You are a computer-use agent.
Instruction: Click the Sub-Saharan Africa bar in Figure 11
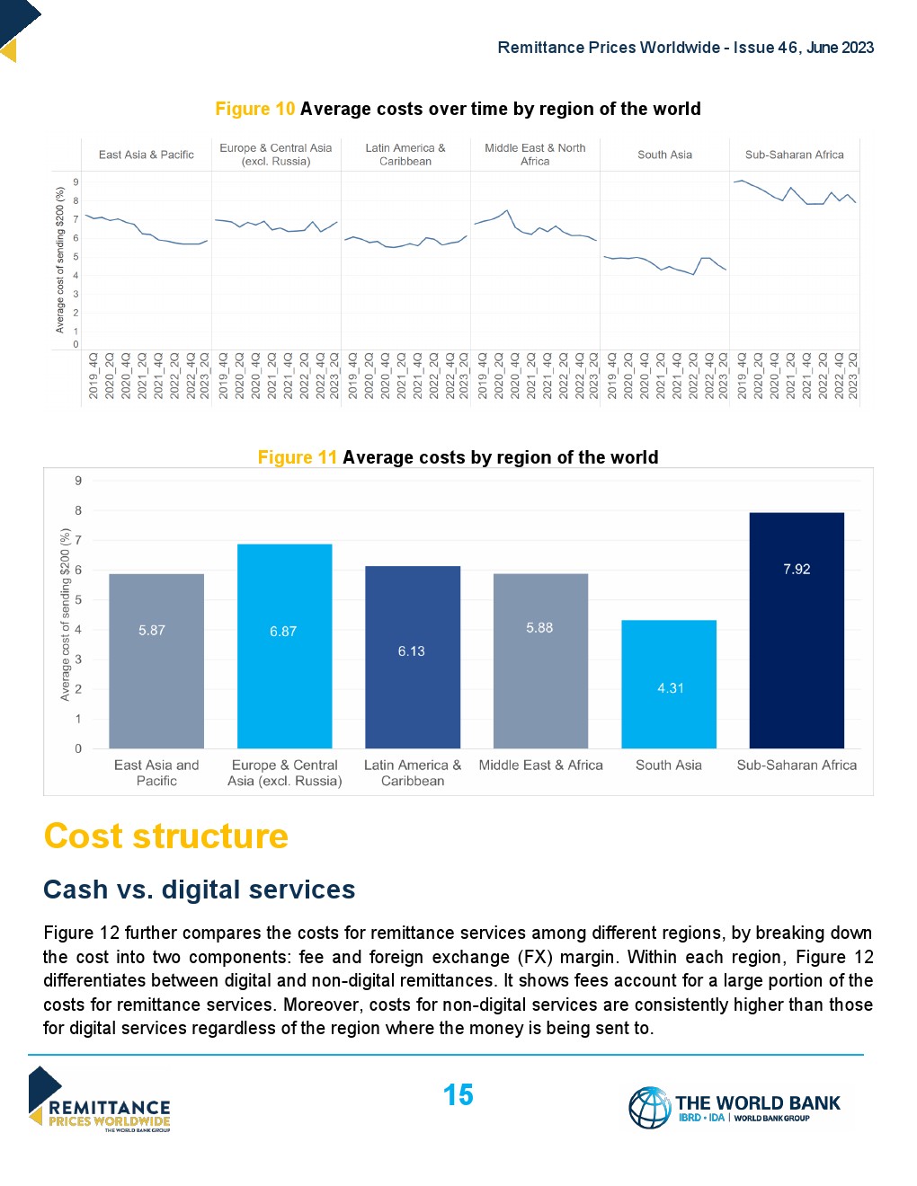pos(797,630)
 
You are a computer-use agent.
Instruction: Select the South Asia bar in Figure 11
pos(669,684)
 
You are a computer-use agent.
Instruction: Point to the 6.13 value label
pos(412,651)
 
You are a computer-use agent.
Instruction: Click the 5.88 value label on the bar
pos(539,628)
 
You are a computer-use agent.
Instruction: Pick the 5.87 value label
pos(152,631)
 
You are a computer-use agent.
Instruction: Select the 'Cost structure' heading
pos(166,836)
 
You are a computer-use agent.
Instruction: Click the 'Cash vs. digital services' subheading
pos(200,889)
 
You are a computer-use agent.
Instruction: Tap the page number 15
pos(458,1095)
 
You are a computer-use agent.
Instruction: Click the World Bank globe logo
pos(649,1107)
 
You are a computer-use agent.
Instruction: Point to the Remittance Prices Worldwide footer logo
pos(99,1100)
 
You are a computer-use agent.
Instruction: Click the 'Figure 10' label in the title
pos(255,110)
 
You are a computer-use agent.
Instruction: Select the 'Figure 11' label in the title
pos(298,457)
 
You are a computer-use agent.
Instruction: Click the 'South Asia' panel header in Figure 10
pos(664,155)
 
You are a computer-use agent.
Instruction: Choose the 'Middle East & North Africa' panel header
pos(535,155)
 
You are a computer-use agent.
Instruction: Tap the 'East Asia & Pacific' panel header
pos(147,155)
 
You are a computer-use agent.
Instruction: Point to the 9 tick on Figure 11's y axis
pos(78,481)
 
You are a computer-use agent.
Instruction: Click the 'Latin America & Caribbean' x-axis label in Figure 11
pos(413,773)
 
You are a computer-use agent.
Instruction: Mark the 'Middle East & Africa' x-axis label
pos(540,766)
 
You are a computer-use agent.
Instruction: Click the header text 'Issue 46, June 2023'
pos(804,48)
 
